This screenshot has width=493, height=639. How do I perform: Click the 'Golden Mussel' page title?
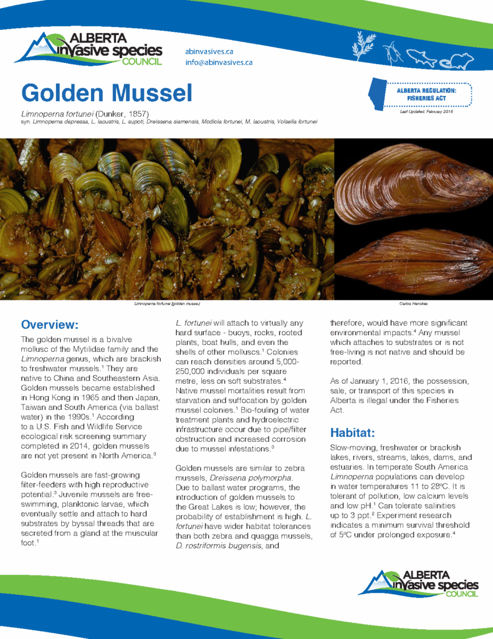point(107,94)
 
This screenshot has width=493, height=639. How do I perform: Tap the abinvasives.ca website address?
point(209,51)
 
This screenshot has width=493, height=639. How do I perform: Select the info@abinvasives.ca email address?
point(218,62)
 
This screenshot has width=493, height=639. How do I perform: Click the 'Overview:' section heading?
point(50,324)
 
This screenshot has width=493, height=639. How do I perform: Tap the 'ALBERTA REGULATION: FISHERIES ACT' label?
point(426,94)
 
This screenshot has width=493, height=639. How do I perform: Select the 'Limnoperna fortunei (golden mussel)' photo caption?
point(166,304)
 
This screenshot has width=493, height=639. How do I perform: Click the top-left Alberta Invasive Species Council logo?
point(88,48)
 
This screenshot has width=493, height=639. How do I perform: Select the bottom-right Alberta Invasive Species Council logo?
point(419,584)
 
